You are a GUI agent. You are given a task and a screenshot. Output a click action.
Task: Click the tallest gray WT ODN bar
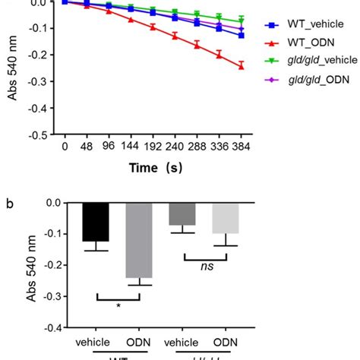(140, 240)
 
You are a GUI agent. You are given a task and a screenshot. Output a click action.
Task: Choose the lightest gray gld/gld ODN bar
(224, 218)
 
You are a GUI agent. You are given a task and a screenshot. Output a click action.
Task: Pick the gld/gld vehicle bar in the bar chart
(182, 214)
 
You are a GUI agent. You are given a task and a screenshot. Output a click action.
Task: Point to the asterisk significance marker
(118, 306)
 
